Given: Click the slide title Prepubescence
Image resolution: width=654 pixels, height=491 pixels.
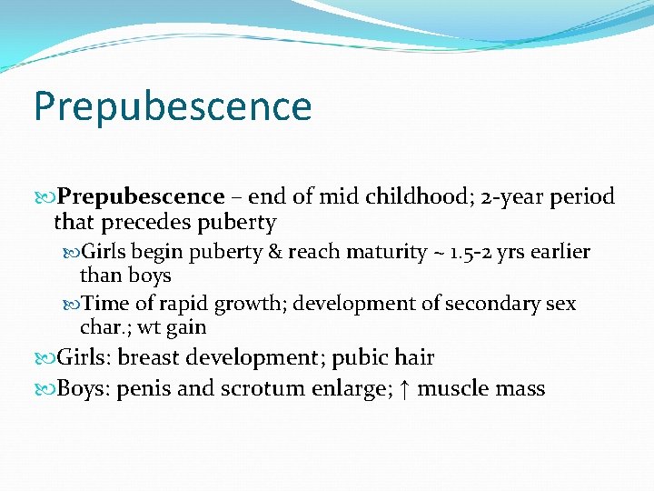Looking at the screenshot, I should [173, 106].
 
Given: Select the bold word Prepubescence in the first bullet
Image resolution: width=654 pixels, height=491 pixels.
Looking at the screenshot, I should [141, 196].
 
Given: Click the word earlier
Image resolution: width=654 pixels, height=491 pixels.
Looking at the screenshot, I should [560, 252].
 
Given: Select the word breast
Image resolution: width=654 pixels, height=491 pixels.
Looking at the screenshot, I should [151, 359].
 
